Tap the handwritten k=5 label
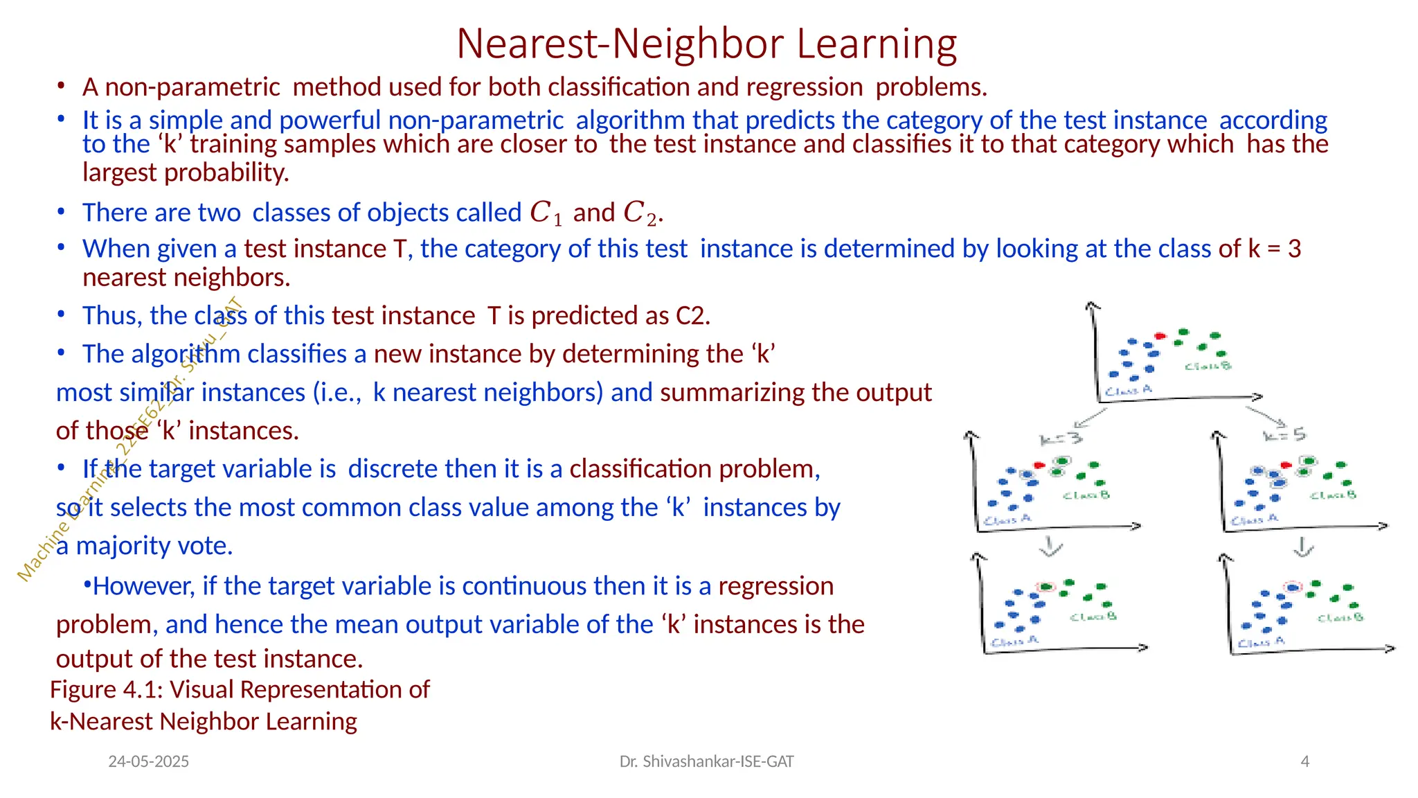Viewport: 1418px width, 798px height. (x=1284, y=435)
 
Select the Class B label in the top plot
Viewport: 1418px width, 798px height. (x=1208, y=366)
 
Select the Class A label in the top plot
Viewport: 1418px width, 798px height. (x=1129, y=391)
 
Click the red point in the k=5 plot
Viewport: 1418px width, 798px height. (x=1286, y=465)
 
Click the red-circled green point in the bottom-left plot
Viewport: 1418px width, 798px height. (x=1047, y=587)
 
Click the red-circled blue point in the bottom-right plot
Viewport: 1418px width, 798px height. (x=1292, y=587)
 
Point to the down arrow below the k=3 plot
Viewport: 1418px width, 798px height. (x=1050, y=547)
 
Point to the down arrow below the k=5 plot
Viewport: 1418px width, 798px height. (x=1303, y=547)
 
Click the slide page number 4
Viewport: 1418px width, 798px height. (x=1304, y=761)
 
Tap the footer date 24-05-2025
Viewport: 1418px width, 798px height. (x=148, y=761)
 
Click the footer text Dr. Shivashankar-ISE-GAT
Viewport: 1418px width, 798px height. (x=706, y=761)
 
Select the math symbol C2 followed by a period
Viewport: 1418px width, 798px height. (x=641, y=213)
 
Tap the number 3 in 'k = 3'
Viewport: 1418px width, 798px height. (x=1294, y=248)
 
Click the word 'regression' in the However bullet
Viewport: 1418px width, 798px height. (x=775, y=586)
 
